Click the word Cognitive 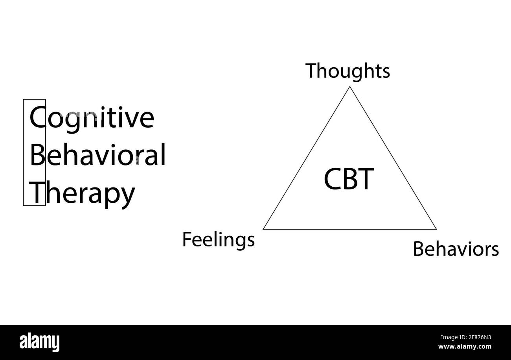[x=92, y=118]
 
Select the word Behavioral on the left [x=97, y=155]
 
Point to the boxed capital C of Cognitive [x=37, y=118]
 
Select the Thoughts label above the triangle [x=348, y=71]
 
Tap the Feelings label [x=218, y=240]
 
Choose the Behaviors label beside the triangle [x=456, y=249]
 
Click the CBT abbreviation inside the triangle [x=349, y=179]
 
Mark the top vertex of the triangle [x=350, y=87]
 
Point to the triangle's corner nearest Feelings [x=264, y=229]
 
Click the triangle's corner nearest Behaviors [x=436, y=229]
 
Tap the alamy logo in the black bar [x=40, y=342]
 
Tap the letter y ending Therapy [x=127, y=195]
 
